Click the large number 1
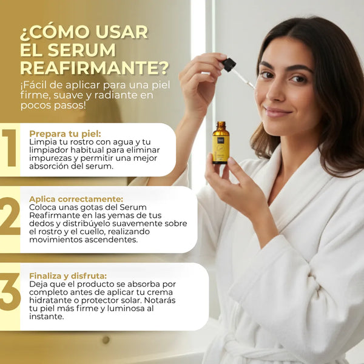pyautogui.click(x=9, y=149)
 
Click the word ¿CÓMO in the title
pyautogui.click(x=58, y=32)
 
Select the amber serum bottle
pyautogui.click(x=220, y=144)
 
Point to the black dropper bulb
pyautogui.click(x=229, y=64)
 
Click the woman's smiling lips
pyautogui.click(x=278, y=112)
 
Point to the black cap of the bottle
pyautogui.click(x=220, y=125)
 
